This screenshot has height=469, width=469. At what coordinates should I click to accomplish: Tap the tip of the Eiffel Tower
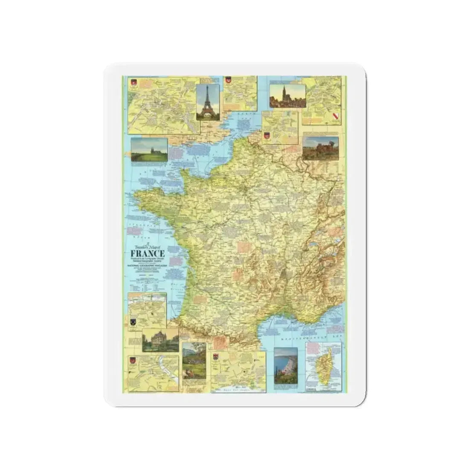click(x=208, y=87)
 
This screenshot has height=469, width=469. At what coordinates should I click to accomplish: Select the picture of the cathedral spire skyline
click(x=287, y=96)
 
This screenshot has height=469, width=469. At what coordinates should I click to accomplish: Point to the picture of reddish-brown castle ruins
click(x=321, y=148)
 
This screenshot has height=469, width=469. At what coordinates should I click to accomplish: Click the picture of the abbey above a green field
click(x=149, y=150)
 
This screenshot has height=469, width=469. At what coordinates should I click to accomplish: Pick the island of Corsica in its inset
click(x=325, y=366)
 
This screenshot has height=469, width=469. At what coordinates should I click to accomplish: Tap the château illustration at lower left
click(x=160, y=340)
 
